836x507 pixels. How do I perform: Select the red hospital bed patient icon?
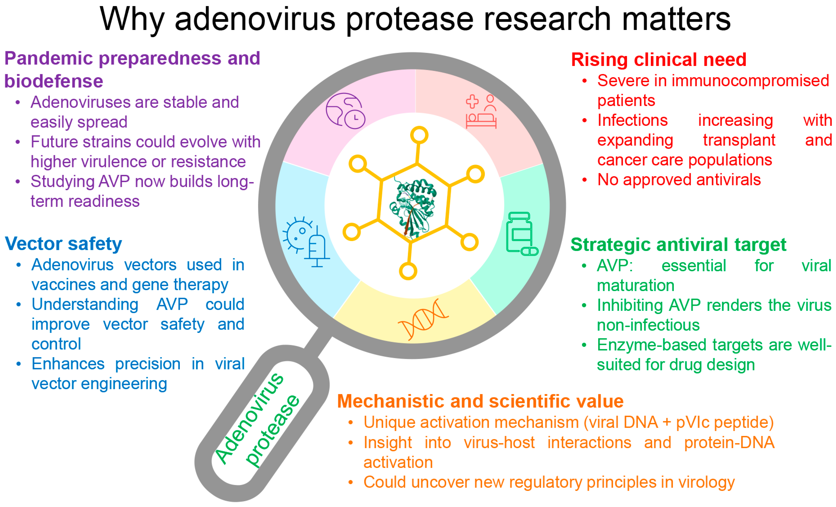481,112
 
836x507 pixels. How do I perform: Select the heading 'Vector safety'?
64,244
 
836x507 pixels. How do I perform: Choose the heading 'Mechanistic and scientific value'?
480,401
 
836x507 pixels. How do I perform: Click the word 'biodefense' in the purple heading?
54,81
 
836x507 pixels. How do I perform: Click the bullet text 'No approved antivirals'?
679,180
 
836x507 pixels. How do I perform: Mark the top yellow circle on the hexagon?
419,135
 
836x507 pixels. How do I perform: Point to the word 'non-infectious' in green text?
648,325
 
